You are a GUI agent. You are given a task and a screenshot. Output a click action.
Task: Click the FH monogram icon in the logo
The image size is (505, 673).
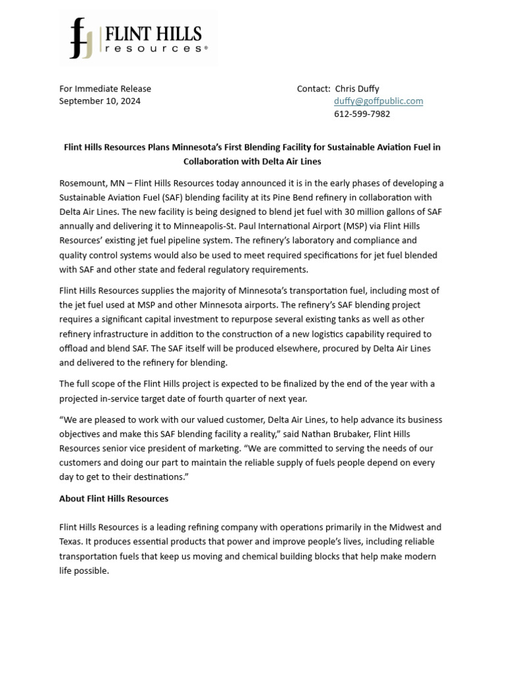pyautogui.click(x=82, y=38)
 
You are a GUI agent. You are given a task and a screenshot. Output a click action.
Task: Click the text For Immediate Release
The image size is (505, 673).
pyautogui.click(x=105, y=89)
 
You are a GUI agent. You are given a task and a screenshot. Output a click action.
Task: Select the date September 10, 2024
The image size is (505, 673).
pyautogui.click(x=100, y=101)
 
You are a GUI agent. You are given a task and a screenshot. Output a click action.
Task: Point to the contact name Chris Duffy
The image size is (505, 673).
pyautogui.click(x=357, y=89)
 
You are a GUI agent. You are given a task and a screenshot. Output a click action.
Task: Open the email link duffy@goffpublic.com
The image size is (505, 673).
pyautogui.click(x=378, y=101)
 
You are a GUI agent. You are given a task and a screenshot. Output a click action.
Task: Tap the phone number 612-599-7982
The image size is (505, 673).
pyautogui.click(x=362, y=114)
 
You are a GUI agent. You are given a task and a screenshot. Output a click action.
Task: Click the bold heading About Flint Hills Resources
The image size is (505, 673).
pyautogui.click(x=114, y=499)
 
